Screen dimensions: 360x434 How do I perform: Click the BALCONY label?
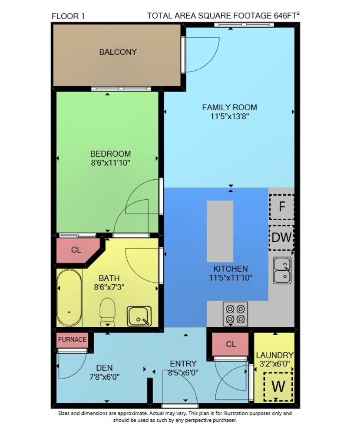click(118, 52)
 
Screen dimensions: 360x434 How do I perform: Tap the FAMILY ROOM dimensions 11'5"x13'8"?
click(230, 116)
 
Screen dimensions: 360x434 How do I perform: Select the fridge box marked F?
click(282, 207)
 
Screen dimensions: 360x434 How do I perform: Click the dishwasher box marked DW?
click(282, 237)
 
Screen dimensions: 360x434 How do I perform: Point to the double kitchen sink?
click(282, 270)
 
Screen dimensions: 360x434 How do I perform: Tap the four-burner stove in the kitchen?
click(235, 314)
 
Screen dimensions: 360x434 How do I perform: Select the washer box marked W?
click(278, 387)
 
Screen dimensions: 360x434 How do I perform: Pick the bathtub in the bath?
click(69, 298)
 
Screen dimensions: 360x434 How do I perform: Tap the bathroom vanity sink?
click(139, 316)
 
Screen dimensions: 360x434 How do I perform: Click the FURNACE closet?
click(72, 340)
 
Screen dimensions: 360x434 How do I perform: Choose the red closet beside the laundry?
click(231, 344)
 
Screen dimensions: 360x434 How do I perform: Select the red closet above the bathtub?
click(76, 250)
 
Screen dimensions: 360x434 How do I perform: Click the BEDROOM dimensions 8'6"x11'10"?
click(110, 163)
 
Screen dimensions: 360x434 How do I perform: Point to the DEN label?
click(104, 368)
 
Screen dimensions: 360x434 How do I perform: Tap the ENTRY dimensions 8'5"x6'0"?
click(183, 373)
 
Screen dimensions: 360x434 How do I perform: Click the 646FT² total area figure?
click(287, 15)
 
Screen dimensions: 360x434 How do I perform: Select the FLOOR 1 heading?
click(68, 16)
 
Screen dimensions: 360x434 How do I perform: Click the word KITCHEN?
click(231, 269)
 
